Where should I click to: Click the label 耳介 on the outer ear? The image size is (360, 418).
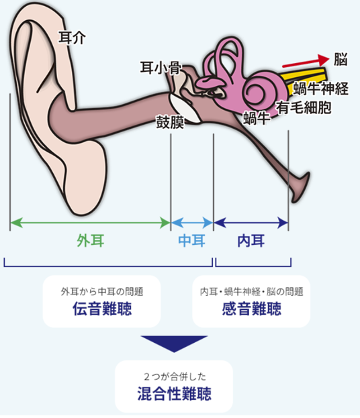pos(72,38)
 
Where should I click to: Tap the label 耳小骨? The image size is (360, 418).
pos(161,68)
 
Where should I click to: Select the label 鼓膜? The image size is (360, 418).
pos(170,122)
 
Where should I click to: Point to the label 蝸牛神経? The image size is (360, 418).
pos(321,89)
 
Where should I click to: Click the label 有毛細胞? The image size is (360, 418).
pos(304,108)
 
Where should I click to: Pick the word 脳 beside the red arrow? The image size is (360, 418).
pos(341,59)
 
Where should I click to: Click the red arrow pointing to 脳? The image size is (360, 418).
pos(306,62)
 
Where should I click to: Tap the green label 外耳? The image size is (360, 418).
pos(91,240)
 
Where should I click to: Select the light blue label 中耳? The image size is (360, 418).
pos(191,240)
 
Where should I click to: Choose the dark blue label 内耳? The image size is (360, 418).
pos(251,240)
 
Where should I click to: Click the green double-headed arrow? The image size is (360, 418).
pos(90,223)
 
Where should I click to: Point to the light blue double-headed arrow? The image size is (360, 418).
pos(192,223)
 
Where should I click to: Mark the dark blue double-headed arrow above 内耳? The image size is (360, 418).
pos(251,223)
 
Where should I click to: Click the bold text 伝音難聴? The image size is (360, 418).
pos(102,309)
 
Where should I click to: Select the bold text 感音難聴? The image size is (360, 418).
pos(252,309)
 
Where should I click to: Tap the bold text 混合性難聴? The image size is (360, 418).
pos(174,394)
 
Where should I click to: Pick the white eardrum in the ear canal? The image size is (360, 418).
pos(185,109)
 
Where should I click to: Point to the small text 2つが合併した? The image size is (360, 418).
pos(175,376)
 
